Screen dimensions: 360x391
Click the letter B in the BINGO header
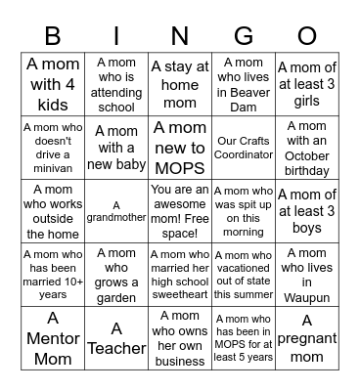click(x=54, y=36)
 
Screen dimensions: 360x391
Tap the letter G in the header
click(x=243, y=36)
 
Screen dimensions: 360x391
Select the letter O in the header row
click(x=306, y=36)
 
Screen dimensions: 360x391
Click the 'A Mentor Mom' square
click(x=53, y=335)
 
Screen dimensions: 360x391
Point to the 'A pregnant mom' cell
click(x=306, y=335)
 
